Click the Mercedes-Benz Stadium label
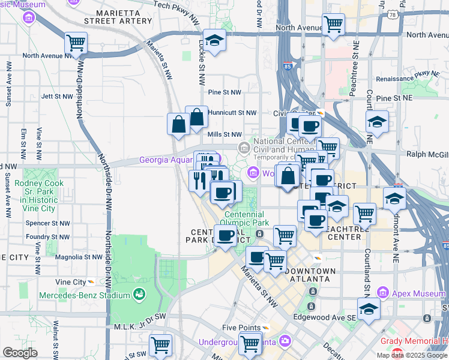point(85,295)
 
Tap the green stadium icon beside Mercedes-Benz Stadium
point(139,295)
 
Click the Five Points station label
point(241,328)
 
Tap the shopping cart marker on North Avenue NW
point(76,43)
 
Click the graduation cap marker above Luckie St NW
point(214,40)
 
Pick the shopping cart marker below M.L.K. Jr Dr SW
point(160,345)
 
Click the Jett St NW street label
point(56,96)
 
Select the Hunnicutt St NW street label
point(232,112)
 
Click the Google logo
point(20,353)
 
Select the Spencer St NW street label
point(48,223)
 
